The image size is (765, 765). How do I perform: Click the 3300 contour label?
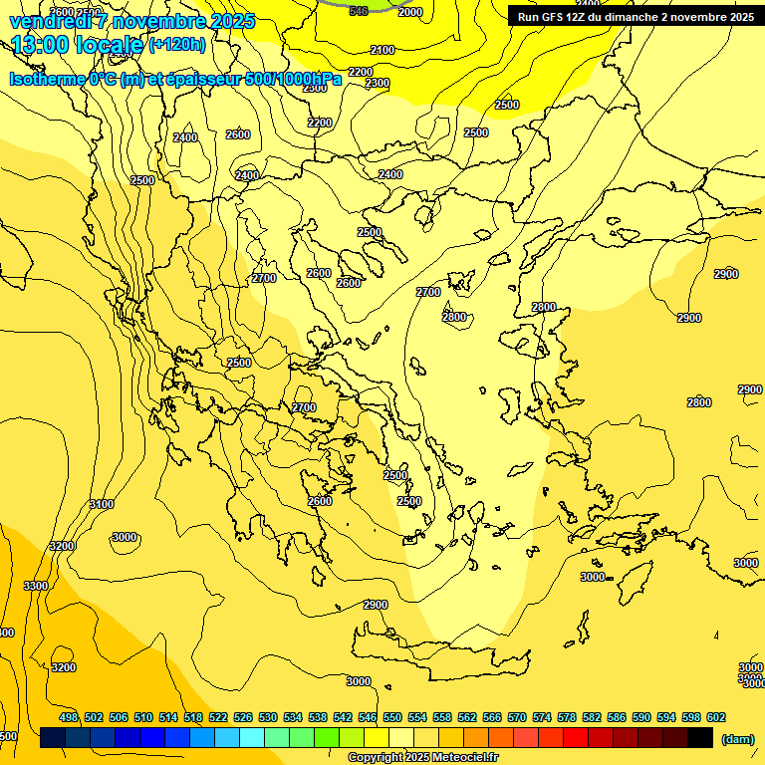pos(36,586)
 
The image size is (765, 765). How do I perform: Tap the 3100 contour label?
pos(102,505)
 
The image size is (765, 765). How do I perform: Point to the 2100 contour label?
pos(382,50)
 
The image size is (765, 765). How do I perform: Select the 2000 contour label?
pos(409,12)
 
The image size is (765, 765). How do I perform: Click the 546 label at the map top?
pos(359,11)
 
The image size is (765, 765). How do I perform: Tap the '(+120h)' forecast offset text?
pos(177,44)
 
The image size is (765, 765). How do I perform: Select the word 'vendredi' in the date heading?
pos(46,20)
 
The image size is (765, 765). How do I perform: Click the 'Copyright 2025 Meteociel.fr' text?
pos(422,758)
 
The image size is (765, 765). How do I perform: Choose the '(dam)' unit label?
pos(736,738)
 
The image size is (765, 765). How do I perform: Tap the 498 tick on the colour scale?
pos(69,717)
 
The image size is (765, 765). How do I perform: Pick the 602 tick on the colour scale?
pos(716,717)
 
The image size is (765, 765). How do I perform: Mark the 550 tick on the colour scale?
pos(392,717)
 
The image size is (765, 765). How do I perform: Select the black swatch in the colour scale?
pos(700,738)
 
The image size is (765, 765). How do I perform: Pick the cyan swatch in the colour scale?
pos(251,738)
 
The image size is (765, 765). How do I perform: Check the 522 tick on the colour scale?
pos(218,717)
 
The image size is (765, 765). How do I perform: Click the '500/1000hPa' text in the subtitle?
pos(294,79)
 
